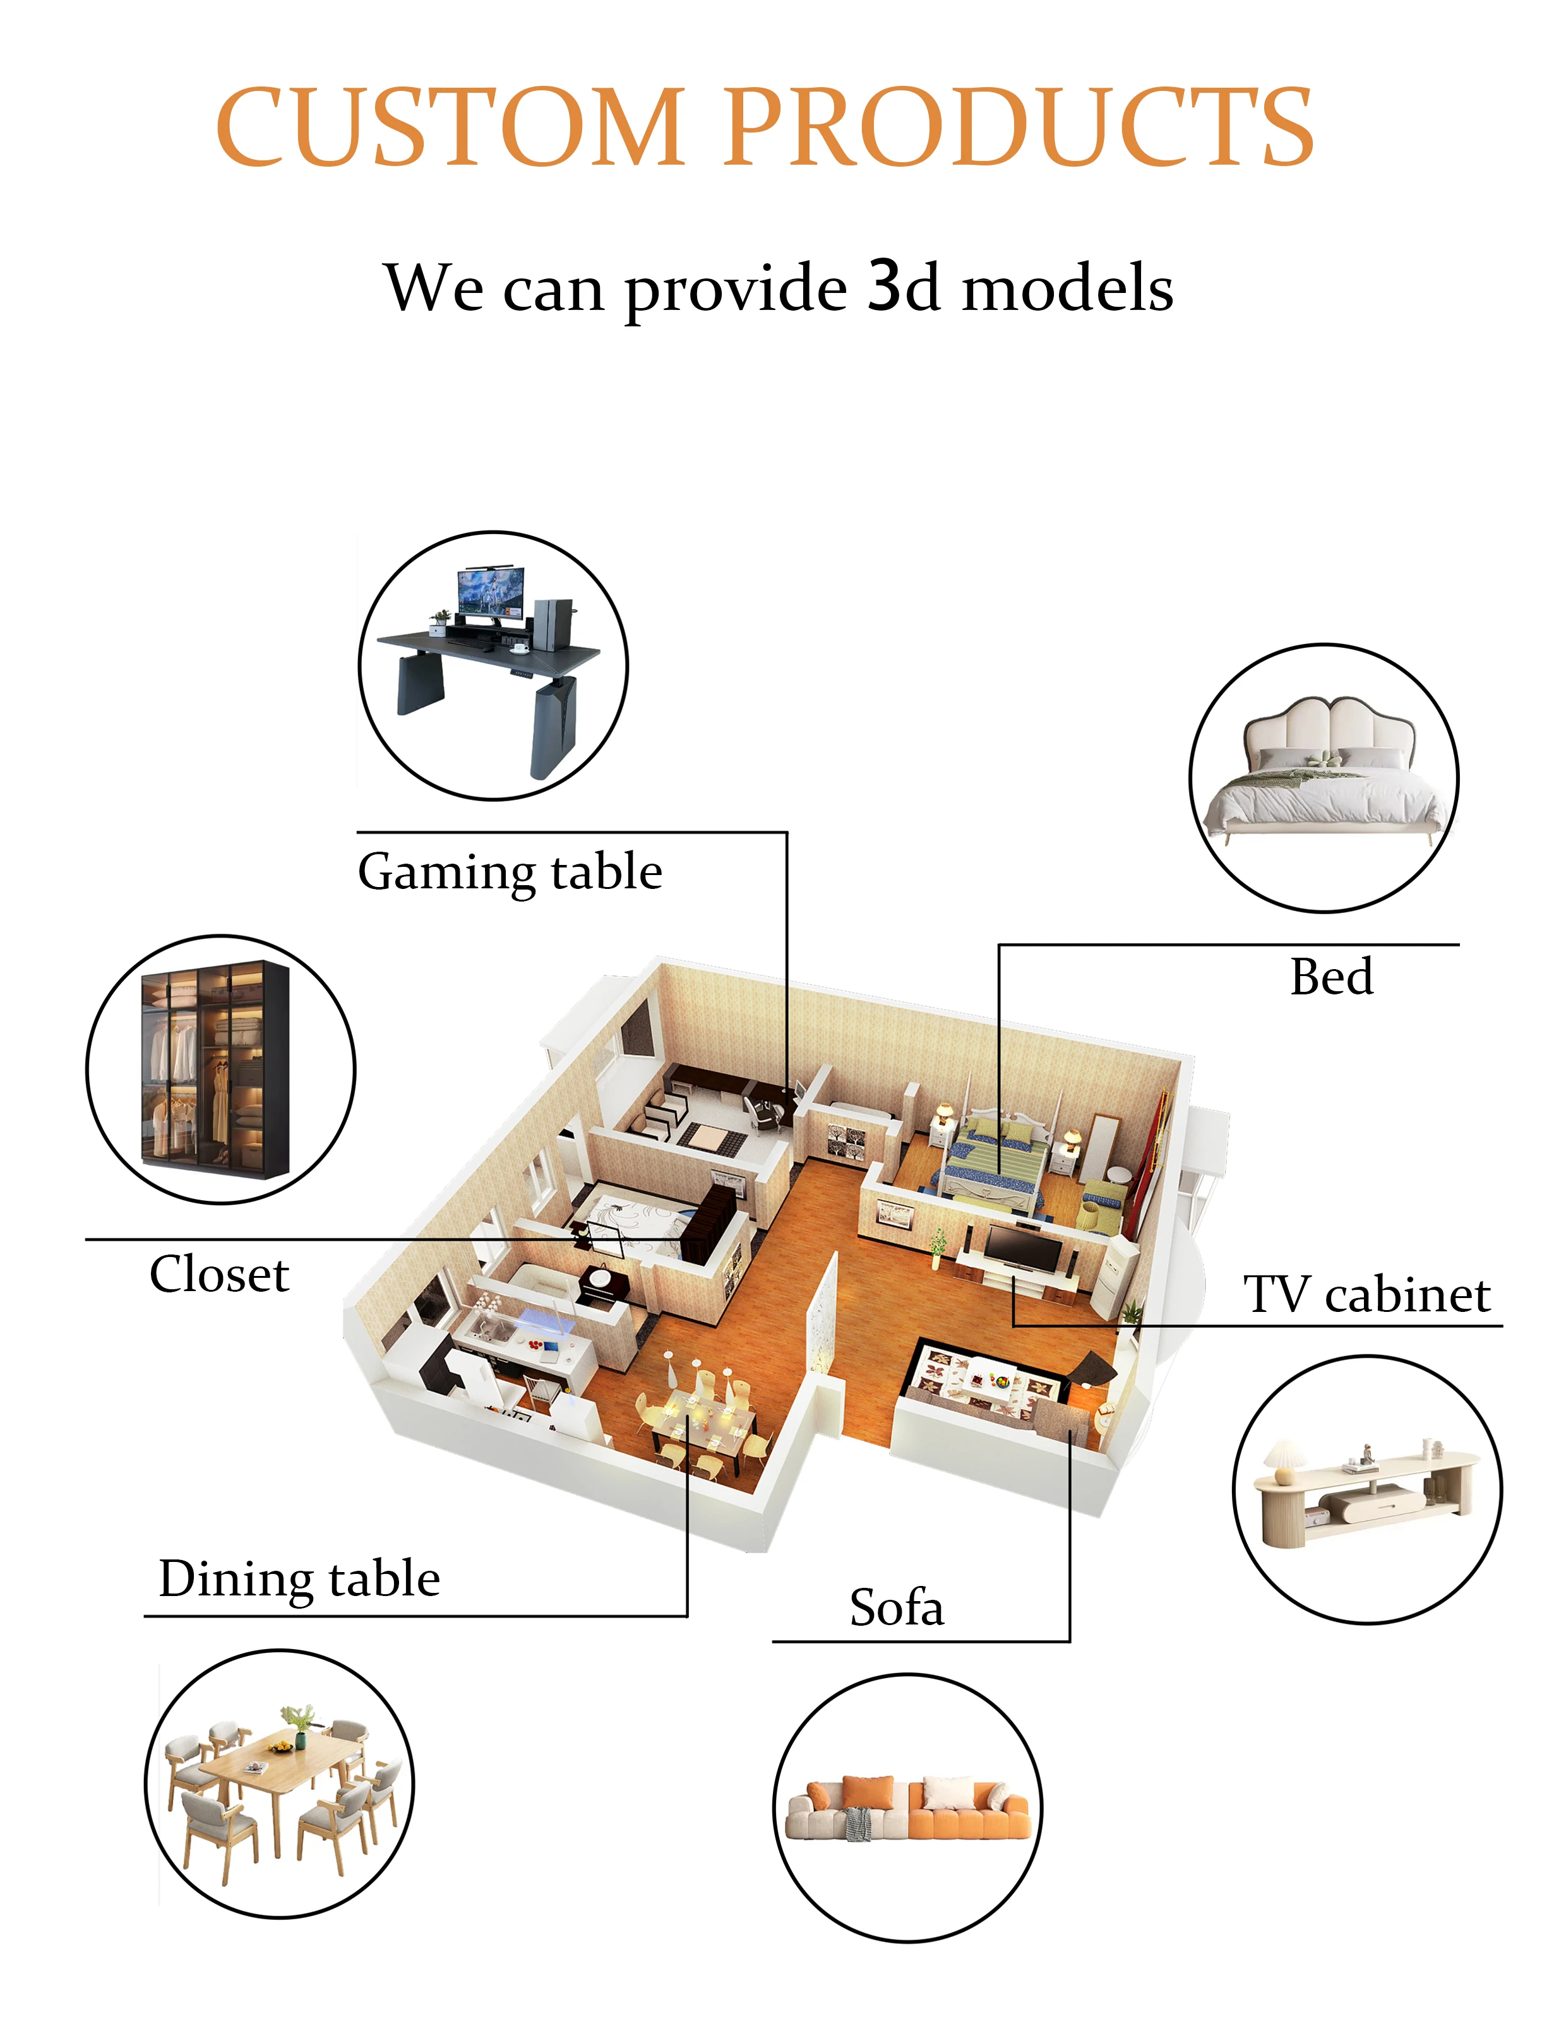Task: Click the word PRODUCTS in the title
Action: pyautogui.click(x=1018, y=126)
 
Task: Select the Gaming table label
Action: pyautogui.click(x=510, y=872)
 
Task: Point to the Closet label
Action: pyautogui.click(x=219, y=1275)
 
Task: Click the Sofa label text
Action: pyautogui.click(x=896, y=1607)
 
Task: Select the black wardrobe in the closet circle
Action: pyautogui.click(x=214, y=1069)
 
